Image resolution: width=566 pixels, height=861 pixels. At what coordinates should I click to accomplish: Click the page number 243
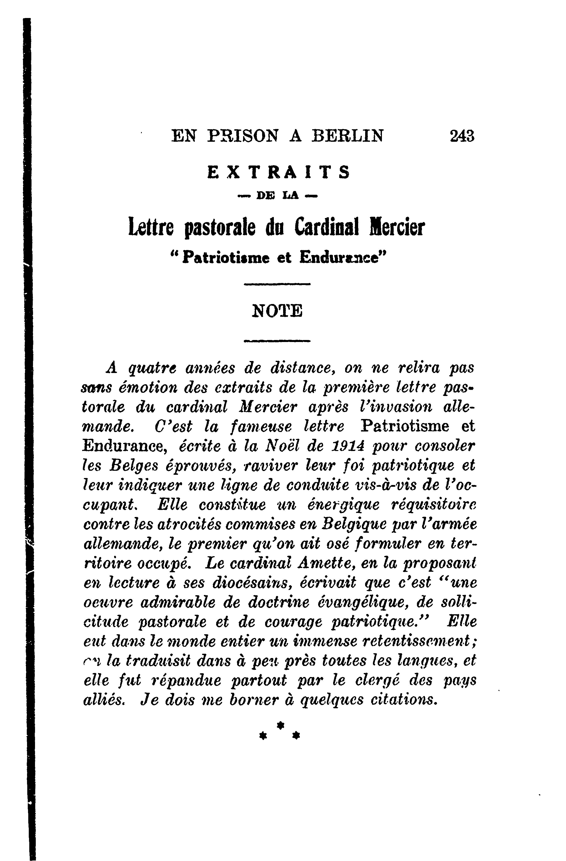(461, 136)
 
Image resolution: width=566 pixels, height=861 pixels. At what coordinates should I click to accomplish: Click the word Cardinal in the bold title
(327, 228)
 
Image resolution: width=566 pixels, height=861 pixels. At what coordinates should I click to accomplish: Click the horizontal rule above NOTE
(277, 284)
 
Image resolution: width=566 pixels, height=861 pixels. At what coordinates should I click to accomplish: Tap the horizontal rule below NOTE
(277, 341)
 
